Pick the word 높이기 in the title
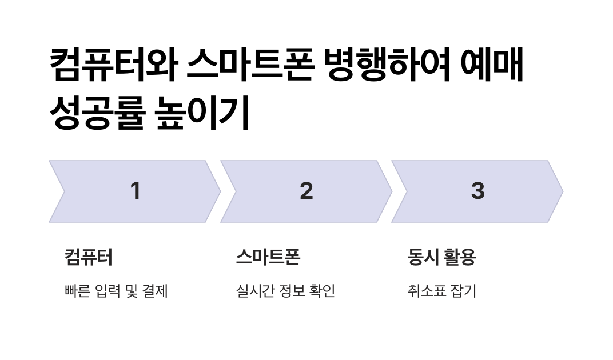pos(202,113)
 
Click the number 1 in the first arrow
pos(135,191)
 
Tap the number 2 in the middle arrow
pos(307,191)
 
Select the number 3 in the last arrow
pos(477,191)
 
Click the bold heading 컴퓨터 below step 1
pos(89,257)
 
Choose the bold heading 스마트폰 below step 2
pos(268,257)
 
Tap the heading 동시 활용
pos(441,257)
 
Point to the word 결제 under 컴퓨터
pos(155,291)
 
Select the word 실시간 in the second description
pos(252,291)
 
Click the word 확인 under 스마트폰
pos(323,291)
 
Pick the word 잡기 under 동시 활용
pos(463,291)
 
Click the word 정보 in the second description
pos(290,291)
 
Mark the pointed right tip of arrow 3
pos(562,191)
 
